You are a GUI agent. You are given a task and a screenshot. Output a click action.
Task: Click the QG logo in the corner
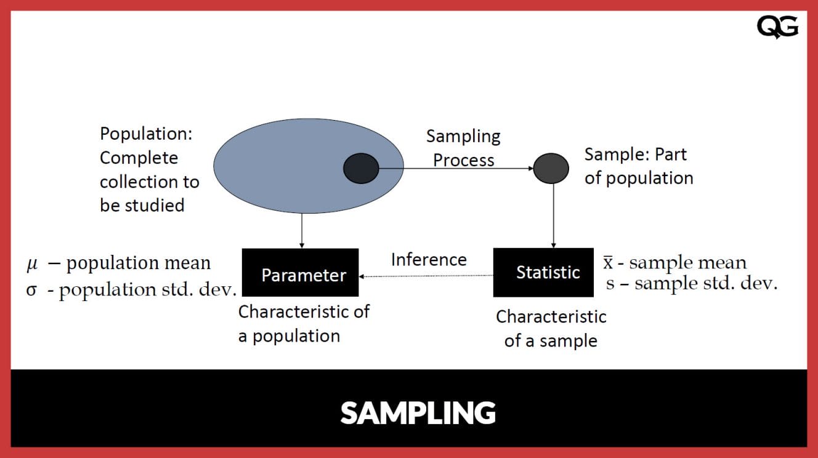tap(777, 28)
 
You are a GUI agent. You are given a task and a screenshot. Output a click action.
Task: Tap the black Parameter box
tap(300, 275)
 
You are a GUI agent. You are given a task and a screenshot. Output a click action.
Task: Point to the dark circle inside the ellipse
tap(361, 169)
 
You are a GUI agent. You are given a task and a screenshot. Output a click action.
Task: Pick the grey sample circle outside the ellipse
tap(551, 169)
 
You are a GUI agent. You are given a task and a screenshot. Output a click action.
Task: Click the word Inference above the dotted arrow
tap(429, 260)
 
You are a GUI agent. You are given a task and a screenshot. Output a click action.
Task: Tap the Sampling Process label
tap(463, 148)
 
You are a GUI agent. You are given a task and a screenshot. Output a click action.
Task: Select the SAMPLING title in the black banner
tap(418, 412)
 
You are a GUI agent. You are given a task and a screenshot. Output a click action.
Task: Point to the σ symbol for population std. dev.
tap(31, 290)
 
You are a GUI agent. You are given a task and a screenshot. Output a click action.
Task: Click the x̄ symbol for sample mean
tap(607, 263)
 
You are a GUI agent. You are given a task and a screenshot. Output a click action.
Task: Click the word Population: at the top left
tap(146, 134)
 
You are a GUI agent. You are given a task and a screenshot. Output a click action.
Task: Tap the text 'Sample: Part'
tap(635, 154)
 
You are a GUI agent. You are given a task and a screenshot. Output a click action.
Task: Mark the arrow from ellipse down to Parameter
tap(302, 231)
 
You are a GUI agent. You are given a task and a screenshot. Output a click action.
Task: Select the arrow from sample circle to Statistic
tap(553, 215)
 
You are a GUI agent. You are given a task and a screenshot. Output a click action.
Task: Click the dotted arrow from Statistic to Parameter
tap(426, 276)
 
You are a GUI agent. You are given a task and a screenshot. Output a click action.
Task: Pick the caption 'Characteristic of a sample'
tap(551, 329)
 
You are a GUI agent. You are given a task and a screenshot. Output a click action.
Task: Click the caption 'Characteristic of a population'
tap(304, 324)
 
